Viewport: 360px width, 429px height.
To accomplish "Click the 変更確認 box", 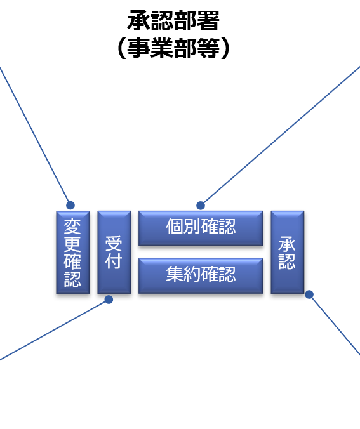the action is click(73, 252).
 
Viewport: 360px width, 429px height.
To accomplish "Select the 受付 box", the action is click(114, 252).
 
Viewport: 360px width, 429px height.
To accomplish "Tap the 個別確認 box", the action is click(201, 228).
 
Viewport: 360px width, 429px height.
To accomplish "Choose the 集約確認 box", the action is click(201, 276).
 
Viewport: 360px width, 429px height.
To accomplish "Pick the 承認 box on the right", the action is click(288, 252).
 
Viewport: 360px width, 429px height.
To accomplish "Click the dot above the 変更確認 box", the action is click(70, 205).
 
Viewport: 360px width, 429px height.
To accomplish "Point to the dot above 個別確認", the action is click(201, 205).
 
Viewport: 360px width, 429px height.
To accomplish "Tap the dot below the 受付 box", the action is click(109, 300).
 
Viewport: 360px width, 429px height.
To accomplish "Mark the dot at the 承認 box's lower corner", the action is click(309, 294).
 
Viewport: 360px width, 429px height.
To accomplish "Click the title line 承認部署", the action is click(173, 21).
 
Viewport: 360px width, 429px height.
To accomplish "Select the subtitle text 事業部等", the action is click(173, 48).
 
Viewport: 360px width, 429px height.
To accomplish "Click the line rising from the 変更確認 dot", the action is click(35, 136).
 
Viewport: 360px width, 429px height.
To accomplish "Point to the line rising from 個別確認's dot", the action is click(281, 135).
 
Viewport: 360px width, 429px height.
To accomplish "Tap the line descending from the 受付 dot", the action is click(54, 330).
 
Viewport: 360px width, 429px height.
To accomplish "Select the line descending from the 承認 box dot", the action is click(335, 325).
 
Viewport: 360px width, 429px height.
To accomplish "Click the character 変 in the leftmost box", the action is click(72, 227).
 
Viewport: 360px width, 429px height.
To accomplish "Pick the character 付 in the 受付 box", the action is click(114, 261).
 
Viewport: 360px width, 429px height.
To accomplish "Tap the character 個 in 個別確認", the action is click(175, 227).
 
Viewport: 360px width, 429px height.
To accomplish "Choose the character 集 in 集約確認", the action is click(175, 274).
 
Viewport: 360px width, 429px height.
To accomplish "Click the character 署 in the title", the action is click(208, 21).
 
